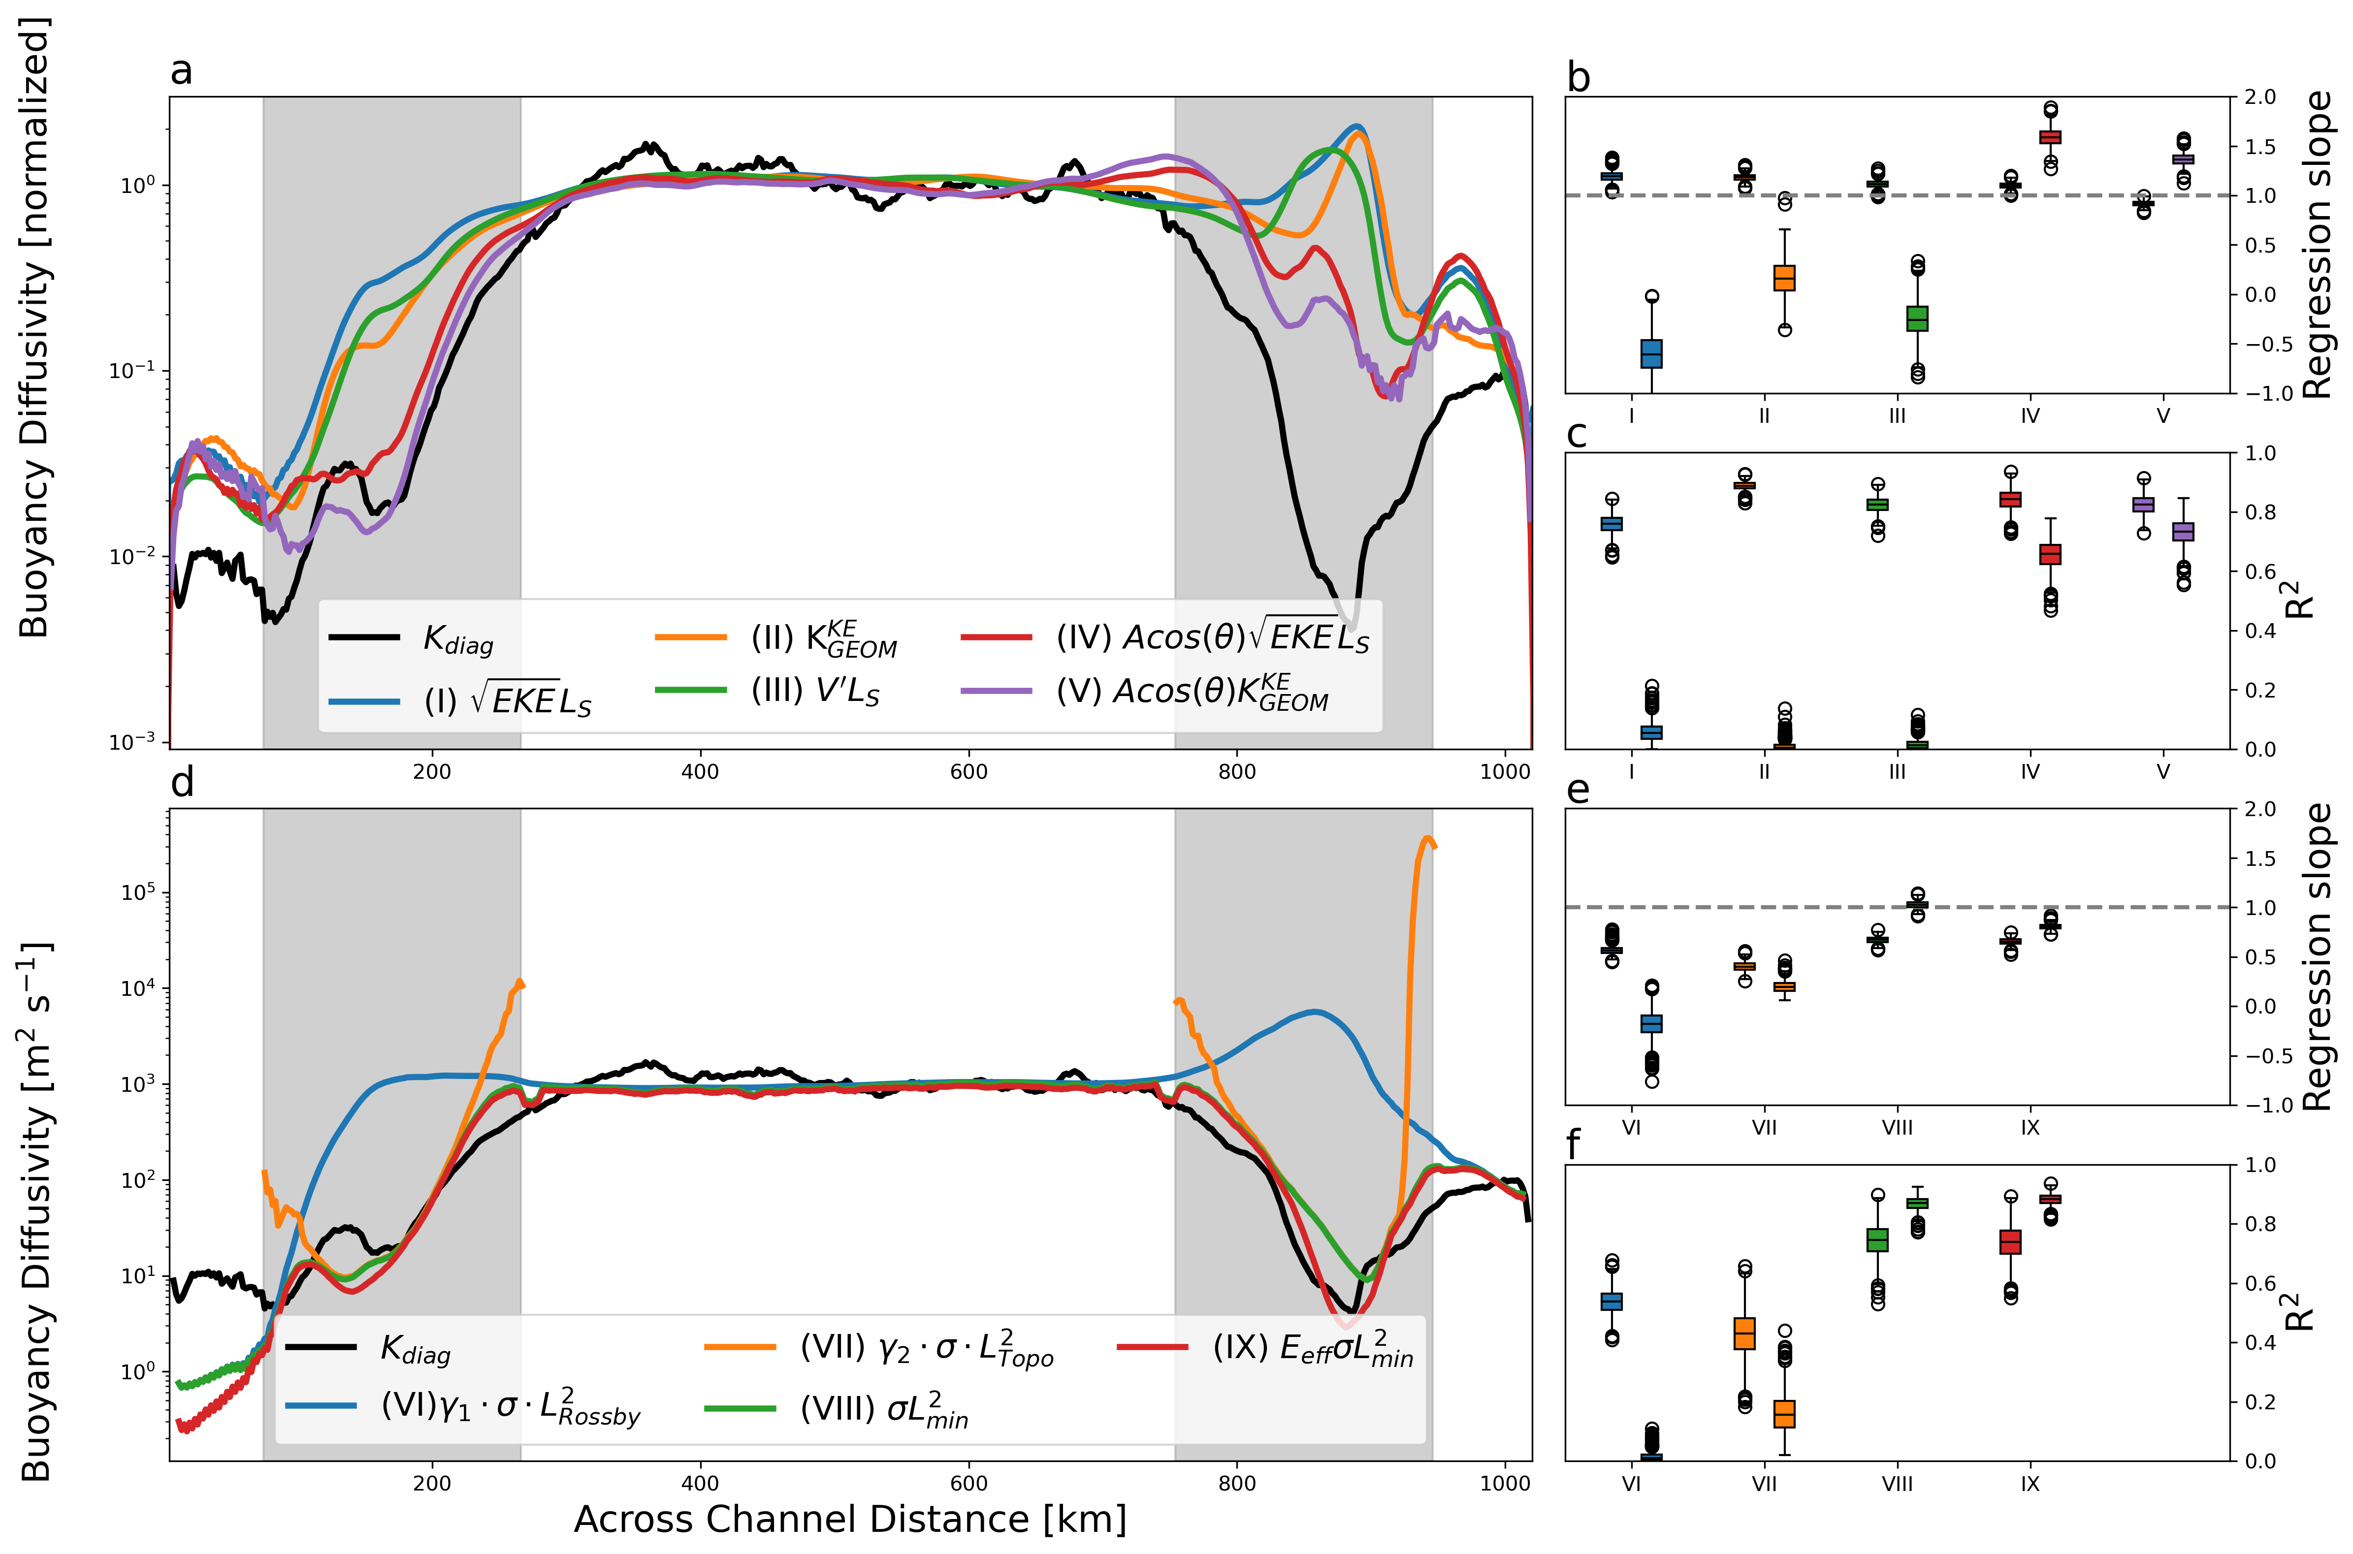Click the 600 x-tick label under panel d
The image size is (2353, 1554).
tap(968, 1484)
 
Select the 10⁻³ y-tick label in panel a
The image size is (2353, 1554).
tap(132, 741)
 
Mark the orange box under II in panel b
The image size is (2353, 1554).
tap(1784, 278)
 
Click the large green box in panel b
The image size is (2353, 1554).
tap(1918, 318)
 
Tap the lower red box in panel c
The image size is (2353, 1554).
tap(2051, 554)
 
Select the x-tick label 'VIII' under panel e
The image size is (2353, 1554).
tap(1897, 1128)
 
